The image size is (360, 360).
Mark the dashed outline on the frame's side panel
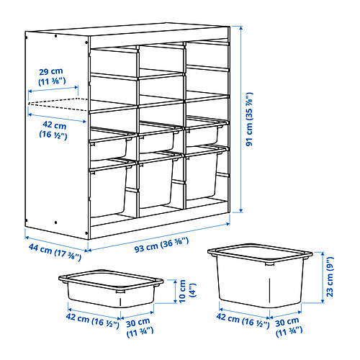coord(52,103)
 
